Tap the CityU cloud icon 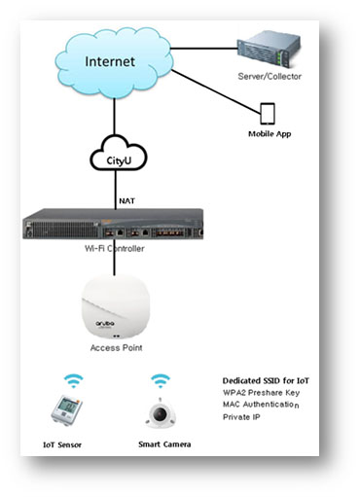pos(116,156)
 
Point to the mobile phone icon pos(269,113)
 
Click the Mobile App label pos(269,134)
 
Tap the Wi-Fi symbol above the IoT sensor pos(73,380)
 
